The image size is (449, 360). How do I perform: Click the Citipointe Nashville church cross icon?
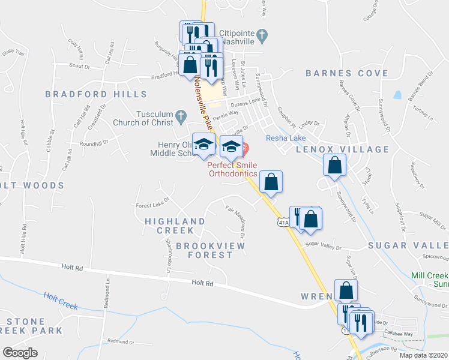(262, 36)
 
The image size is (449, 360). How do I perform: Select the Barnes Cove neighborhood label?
(347, 73)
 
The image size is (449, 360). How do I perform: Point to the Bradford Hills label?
(96, 94)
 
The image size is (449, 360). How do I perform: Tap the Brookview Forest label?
(204, 250)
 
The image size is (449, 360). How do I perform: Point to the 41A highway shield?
(283, 223)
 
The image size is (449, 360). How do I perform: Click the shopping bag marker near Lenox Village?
(334, 164)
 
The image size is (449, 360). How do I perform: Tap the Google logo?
(20, 352)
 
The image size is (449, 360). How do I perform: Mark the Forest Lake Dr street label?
(152, 203)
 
